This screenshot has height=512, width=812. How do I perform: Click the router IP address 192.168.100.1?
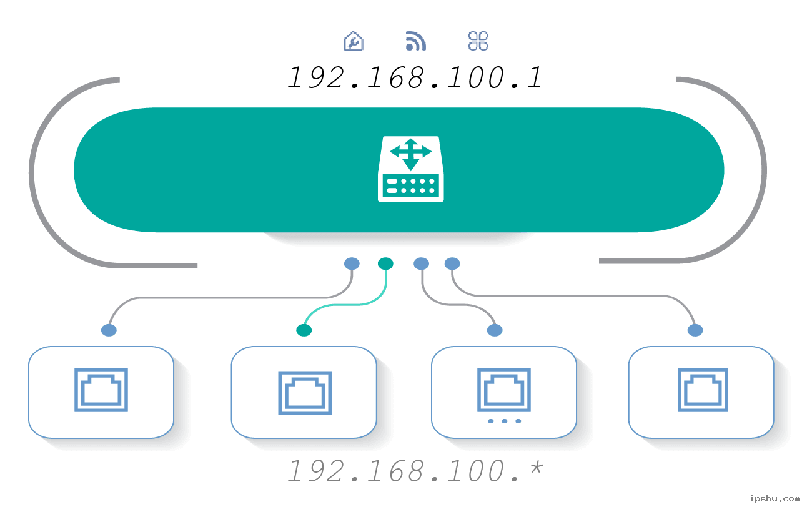click(x=415, y=77)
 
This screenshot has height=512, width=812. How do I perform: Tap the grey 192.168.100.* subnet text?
click(x=415, y=471)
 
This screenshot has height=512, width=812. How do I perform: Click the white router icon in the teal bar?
click(x=410, y=169)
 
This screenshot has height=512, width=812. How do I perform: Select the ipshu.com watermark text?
click(x=774, y=498)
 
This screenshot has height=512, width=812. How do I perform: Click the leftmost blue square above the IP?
click(x=354, y=41)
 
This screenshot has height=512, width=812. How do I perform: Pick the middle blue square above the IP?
click(x=416, y=41)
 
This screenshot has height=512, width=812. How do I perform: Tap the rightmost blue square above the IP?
click(x=478, y=41)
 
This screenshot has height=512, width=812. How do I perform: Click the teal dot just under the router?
click(x=385, y=263)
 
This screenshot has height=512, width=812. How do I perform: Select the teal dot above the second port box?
click(x=304, y=330)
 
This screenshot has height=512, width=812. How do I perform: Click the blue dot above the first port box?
click(x=109, y=330)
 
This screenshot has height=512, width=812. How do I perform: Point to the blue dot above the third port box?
click(x=495, y=330)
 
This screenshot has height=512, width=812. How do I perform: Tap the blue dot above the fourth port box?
click(x=695, y=330)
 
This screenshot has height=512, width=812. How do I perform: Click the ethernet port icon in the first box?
click(x=101, y=390)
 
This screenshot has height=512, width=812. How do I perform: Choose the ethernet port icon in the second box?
click(x=305, y=393)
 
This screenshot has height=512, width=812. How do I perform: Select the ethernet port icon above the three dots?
click(x=504, y=390)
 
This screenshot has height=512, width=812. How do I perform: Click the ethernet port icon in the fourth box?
click(x=703, y=390)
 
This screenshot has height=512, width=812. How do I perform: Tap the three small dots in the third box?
click(x=504, y=421)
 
